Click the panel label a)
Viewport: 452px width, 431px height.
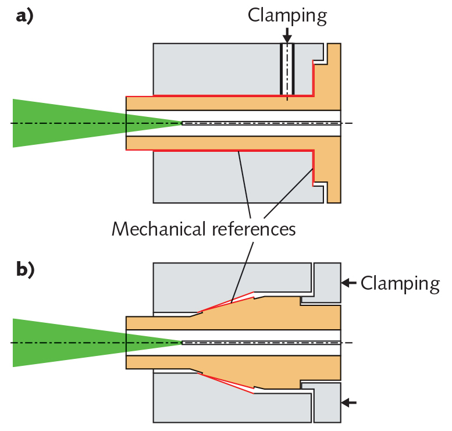24,17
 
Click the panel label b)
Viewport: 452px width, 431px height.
24,270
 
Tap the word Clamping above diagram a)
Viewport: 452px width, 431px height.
287,15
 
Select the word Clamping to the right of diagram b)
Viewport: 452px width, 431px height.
400,283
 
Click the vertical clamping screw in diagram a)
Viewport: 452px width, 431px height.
287,69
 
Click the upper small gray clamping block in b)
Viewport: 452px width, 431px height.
328,282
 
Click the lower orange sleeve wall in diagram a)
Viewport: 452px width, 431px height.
221,143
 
